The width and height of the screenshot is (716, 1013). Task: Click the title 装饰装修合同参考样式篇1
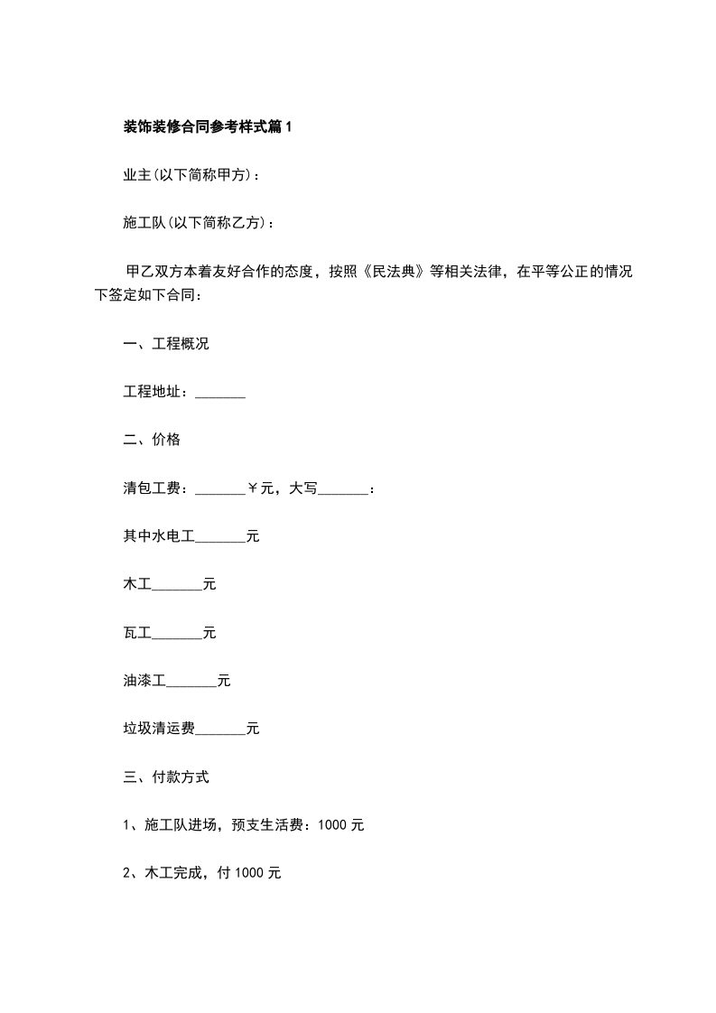(x=208, y=127)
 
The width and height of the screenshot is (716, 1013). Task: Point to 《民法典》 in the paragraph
(x=390, y=272)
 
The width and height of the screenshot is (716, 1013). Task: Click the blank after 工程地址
(x=220, y=393)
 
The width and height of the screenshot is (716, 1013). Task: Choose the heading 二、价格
(x=152, y=441)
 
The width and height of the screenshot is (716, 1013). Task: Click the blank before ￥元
(x=220, y=489)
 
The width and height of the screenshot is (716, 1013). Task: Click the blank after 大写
(x=344, y=489)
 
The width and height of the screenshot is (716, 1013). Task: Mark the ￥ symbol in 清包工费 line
(x=253, y=489)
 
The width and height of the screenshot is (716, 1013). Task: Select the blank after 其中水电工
(x=220, y=537)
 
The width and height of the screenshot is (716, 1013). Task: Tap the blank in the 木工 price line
(x=177, y=585)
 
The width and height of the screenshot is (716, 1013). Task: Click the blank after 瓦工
(x=177, y=633)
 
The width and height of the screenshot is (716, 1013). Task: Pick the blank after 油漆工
(x=191, y=681)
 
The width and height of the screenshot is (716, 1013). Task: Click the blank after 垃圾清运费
(x=220, y=729)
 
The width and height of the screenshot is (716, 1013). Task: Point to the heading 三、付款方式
(x=166, y=776)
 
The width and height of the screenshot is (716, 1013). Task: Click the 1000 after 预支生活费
(x=332, y=825)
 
